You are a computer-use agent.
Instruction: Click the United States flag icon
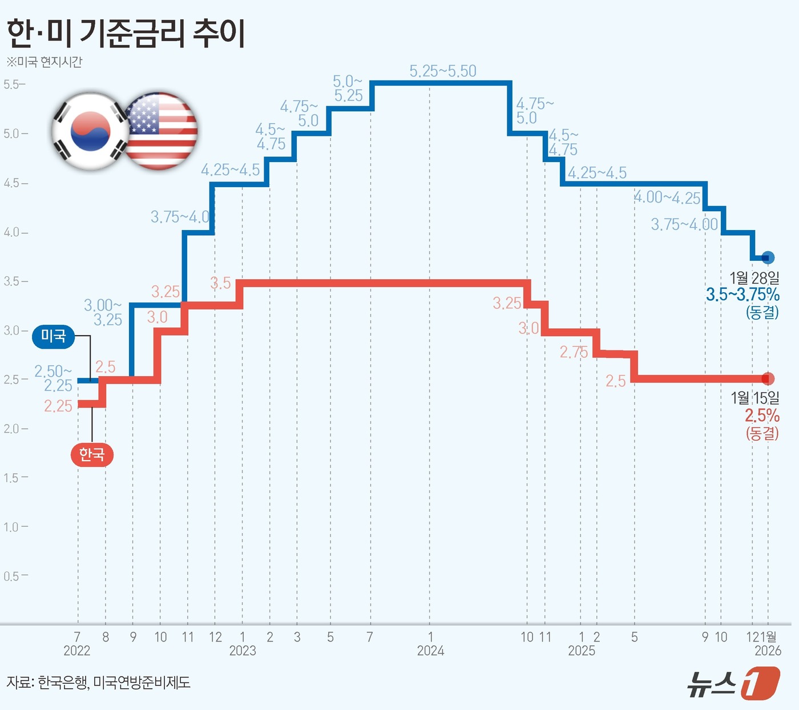tap(160, 131)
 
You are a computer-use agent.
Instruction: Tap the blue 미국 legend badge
tap(54, 337)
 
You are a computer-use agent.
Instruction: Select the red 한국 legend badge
tap(92, 454)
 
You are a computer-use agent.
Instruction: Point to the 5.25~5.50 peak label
tap(443, 71)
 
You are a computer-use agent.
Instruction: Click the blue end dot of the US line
tap(768, 258)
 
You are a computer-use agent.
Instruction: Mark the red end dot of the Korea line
tap(768, 378)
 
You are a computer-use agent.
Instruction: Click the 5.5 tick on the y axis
tap(13, 84)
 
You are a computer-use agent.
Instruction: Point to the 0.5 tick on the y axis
tap(13, 576)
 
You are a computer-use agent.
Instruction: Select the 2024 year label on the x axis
tap(430, 651)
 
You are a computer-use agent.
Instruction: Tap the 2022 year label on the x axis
tap(77, 651)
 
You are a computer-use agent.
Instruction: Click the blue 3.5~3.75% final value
tap(742, 295)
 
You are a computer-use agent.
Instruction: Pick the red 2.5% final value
tap(762, 415)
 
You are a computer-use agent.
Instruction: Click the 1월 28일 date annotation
tap(754, 278)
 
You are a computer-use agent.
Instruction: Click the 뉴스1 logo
tap(733, 683)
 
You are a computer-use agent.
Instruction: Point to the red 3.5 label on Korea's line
tap(221, 283)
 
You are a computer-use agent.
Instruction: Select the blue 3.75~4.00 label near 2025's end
tap(684, 224)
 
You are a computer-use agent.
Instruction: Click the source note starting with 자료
tap(99, 682)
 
